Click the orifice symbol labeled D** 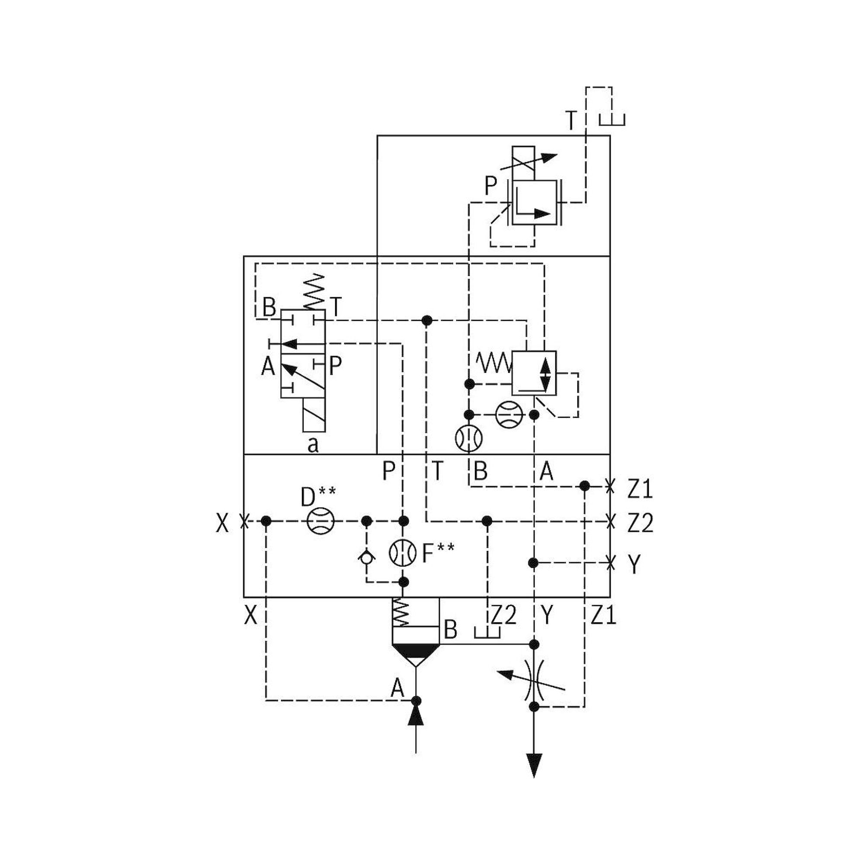(x=320, y=521)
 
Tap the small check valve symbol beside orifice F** (x=367, y=557)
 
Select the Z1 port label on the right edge (x=640, y=490)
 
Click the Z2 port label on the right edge (x=640, y=523)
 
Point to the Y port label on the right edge (x=634, y=564)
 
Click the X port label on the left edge (x=222, y=523)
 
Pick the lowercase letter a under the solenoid (x=314, y=445)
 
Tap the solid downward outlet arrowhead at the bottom (x=534, y=765)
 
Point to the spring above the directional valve (x=315, y=292)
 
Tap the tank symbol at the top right (x=612, y=119)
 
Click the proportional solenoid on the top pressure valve (x=523, y=163)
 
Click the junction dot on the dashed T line (x=427, y=320)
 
